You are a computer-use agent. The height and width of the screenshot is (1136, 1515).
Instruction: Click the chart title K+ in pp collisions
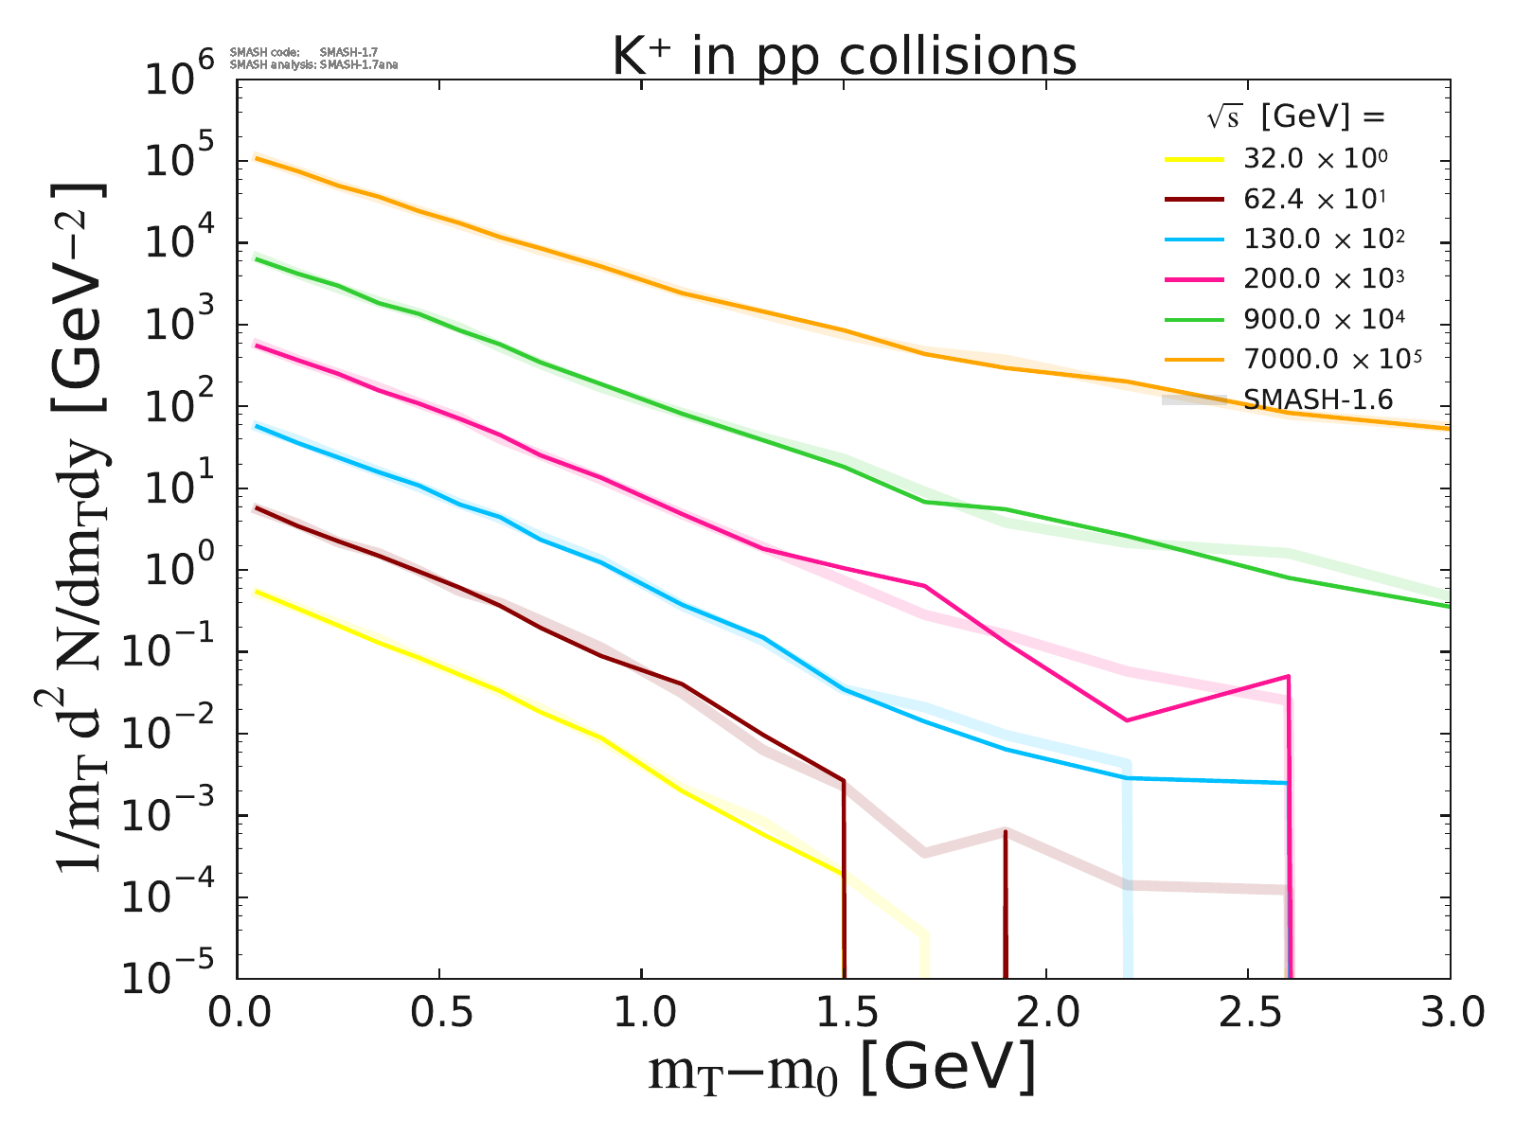tap(844, 57)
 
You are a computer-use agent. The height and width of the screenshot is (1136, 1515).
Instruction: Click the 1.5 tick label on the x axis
tap(843, 1013)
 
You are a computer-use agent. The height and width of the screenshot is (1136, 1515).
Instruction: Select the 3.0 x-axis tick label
tap(1449, 1013)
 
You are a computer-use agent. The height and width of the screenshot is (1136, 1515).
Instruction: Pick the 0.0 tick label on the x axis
tap(238, 1013)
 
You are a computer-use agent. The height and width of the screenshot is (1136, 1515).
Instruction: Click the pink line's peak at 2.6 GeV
tap(1288, 676)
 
